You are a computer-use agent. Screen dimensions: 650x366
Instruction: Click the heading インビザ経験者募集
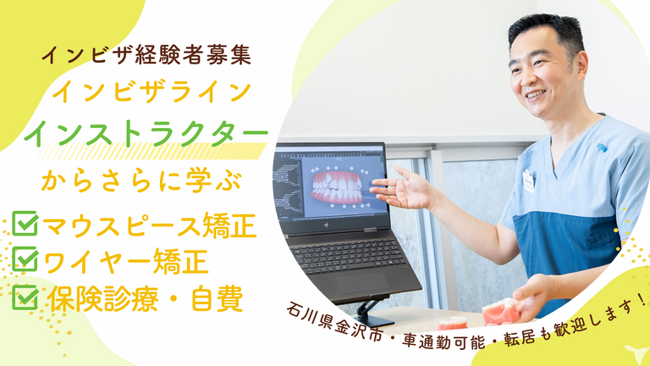[x=146, y=56]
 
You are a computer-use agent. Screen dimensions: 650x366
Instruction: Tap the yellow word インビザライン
[x=151, y=91]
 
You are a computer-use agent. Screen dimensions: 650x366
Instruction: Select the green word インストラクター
[x=146, y=133]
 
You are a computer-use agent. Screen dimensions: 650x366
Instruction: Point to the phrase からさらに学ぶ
[x=141, y=181]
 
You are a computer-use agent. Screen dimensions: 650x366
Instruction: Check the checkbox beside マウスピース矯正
[x=25, y=224]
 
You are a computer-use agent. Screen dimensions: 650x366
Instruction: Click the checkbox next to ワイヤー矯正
[x=25, y=259]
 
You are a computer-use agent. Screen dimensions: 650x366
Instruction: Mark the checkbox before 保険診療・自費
[x=25, y=297]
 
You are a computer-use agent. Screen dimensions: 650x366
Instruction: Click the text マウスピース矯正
[x=150, y=225]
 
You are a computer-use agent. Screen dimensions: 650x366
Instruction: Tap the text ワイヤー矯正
[x=125, y=262]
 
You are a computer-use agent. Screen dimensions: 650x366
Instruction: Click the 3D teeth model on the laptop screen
[x=337, y=187]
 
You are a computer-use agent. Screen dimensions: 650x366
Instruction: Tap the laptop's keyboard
[x=347, y=253]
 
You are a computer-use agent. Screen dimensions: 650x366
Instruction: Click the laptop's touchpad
[x=361, y=283]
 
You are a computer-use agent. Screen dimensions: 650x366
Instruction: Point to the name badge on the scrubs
[x=528, y=181]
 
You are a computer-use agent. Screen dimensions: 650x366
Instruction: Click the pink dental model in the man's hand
[x=501, y=312]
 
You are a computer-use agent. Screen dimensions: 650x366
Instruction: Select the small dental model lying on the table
[x=453, y=323]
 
